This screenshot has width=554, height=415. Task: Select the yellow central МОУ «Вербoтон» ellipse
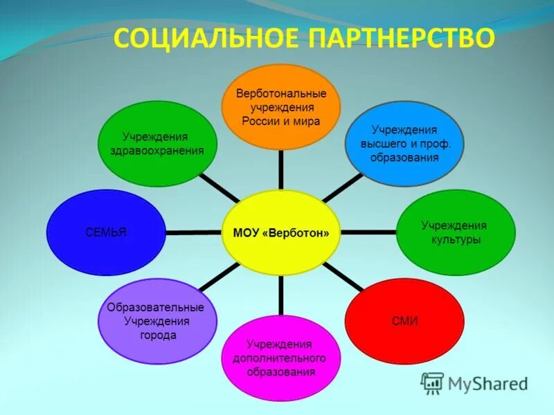281,233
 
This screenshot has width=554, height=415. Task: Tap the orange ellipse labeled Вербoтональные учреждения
281,107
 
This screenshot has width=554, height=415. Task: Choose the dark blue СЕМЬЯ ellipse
106,232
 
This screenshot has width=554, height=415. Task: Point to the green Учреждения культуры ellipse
455,232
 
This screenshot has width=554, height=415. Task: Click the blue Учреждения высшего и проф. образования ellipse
404,143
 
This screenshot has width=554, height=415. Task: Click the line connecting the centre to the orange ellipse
281,169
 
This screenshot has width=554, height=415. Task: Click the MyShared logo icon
432,382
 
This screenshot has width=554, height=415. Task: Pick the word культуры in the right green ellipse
454,239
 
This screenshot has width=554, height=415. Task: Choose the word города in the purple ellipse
157,335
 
